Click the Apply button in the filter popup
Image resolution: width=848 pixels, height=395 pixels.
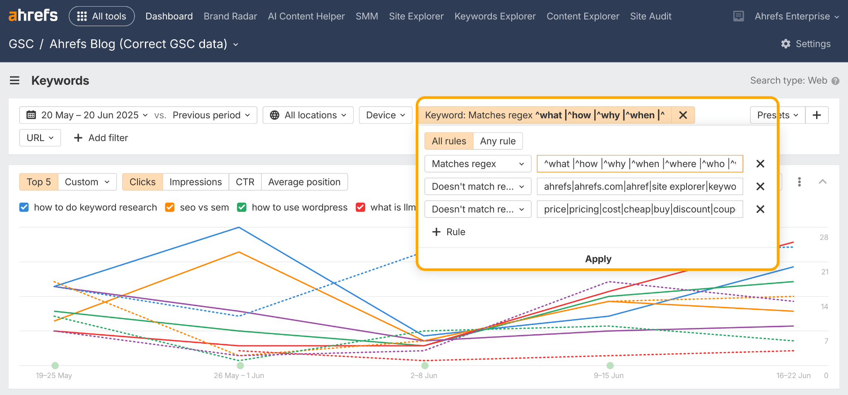(x=597, y=259)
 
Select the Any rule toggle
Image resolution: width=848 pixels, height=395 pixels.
(x=498, y=141)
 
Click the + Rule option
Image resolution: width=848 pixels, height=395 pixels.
(x=449, y=232)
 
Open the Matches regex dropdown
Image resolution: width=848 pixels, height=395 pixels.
(x=477, y=164)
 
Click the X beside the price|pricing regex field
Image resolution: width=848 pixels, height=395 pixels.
(x=760, y=209)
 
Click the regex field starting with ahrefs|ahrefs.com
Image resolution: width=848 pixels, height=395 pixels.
(x=639, y=187)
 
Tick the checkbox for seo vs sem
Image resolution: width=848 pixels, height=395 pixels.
(x=170, y=207)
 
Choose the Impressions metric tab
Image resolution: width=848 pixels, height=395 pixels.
(x=195, y=182)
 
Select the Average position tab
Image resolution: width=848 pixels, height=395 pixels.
(x=304, y=182)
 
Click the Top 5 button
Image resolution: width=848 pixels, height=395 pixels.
(x=39, y=182)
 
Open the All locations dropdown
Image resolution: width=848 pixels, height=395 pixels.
(x=308, y=115)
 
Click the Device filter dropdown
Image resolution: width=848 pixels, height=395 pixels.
(x=385, y=115)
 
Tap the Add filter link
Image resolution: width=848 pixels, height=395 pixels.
(x=101, y=138)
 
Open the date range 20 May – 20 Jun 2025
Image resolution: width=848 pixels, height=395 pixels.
(x=87, y=115)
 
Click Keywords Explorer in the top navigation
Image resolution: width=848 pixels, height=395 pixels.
(x=495, y=16)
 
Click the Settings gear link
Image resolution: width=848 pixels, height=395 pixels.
(x=805, y=44)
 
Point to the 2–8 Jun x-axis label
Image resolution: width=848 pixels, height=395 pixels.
(x=424, y=376)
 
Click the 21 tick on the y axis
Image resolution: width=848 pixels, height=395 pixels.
(x=824, y=272)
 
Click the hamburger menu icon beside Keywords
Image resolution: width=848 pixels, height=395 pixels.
(x=14, y=80)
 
